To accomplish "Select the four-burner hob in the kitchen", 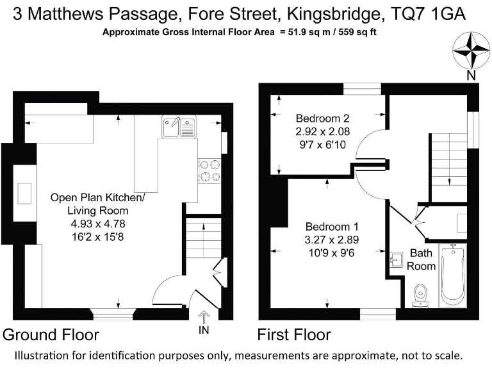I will tap(209, 170).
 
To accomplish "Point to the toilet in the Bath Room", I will tap(421, 295).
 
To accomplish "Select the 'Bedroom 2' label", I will tap(322, 119).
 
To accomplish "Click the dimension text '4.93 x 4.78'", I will tap(98, 224).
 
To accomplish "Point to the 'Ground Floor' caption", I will tap(51, 334).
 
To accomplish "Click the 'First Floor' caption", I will tap(294, 334).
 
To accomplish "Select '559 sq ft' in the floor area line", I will tap(365, 32).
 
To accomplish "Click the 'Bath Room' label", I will tap(422, 259).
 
